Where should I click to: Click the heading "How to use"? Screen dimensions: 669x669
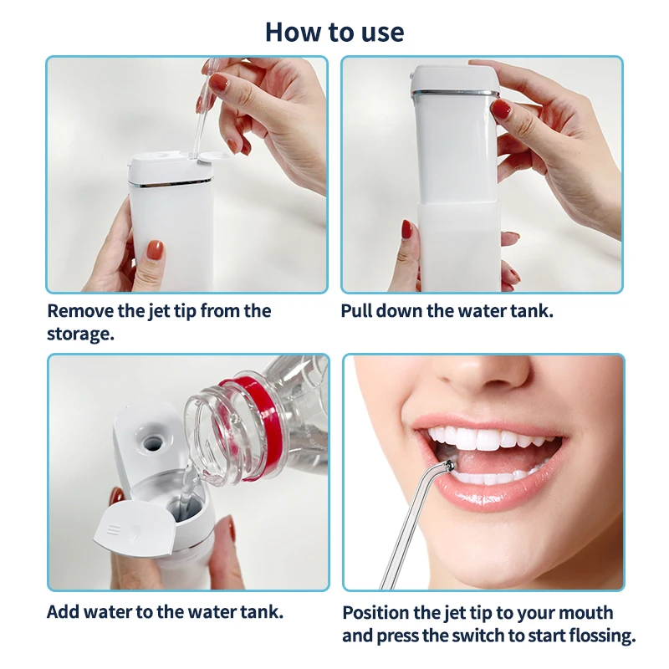334,32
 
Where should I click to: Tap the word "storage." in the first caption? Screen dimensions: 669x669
80,334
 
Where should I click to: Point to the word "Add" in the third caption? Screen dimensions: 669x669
64,611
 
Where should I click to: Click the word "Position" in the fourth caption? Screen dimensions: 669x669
380,613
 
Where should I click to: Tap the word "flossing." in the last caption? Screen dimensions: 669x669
597,636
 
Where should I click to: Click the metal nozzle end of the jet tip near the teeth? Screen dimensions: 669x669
449,466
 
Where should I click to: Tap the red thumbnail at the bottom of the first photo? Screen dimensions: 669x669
155,250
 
